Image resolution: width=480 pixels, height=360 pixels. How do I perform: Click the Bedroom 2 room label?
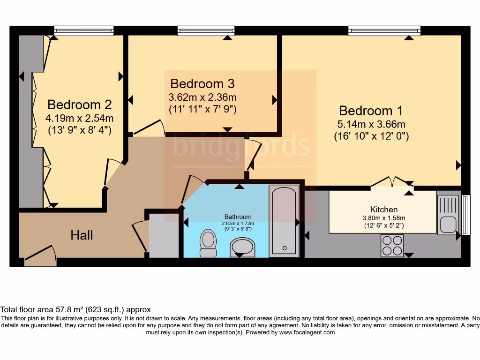coord(80,105)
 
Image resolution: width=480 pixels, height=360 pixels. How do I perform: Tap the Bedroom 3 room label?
coord(202,83)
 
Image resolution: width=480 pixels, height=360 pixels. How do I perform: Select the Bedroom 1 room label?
coord(371,111)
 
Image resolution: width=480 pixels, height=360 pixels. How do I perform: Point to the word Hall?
coord(82,235)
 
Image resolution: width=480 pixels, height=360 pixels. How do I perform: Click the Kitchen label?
coord(384,210)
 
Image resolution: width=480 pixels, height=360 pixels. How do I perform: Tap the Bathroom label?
coord(238,217)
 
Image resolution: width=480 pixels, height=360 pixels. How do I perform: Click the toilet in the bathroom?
coord(208,243)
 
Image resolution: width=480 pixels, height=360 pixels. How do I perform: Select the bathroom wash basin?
coord(242,248)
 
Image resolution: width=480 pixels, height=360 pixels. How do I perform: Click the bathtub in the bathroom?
coord(284,221)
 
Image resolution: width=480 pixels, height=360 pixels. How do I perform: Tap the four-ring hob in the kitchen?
coord(392,246)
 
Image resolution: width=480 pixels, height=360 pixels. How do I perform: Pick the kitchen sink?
coord(449,215)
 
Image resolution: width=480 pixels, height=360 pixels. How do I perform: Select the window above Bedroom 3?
coord(206,30)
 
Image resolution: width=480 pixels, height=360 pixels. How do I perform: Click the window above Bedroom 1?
coord(384,30)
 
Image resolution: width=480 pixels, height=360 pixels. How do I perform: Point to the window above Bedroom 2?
coord(84,30)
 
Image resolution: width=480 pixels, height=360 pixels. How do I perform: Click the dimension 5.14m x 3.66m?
coord(371,124)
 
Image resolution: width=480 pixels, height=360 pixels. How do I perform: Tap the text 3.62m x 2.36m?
coord(202,97)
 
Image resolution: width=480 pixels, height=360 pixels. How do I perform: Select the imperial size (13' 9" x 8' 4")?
coord(80,130)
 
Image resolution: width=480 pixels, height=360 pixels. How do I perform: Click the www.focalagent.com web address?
coord(307,332)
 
